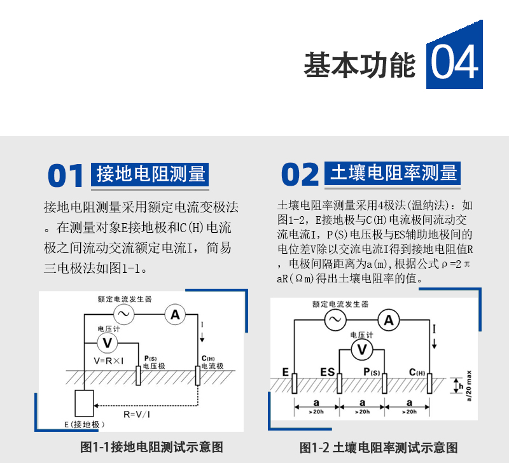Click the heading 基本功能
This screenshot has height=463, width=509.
(x=359, y=65)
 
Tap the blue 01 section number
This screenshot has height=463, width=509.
(x=66, y=176)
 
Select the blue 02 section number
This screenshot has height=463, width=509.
(x=300, y=174)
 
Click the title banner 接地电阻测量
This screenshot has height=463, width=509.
(x=150, y=174)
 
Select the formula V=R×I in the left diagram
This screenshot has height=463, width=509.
(x=108, y=361)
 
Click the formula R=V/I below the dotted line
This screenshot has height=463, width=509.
(x=137, y=414)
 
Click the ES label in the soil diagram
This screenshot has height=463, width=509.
(x=327, y=372)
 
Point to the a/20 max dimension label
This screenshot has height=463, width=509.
(x=469, y=386)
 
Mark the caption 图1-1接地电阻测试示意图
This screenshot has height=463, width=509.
(x=151, y=447)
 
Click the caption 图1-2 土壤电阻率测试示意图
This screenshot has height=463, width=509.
(x=379, y=448)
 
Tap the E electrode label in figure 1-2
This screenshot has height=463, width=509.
(x=285, y=372)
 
